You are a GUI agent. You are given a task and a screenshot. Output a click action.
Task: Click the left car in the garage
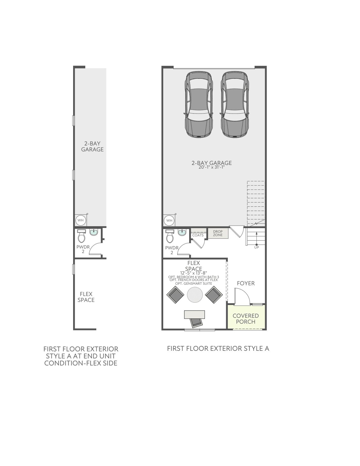click(x=198, y=104)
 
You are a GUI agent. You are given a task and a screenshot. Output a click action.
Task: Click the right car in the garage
click(x=235, y=104)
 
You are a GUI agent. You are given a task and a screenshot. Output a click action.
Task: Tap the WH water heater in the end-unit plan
click(x=81, y=220)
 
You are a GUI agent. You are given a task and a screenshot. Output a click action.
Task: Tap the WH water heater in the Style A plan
click(x=169, y=221)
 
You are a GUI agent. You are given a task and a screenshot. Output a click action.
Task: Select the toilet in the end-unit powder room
click(x=82, y=236)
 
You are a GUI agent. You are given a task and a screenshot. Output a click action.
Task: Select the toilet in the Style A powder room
click(x=170, y=236)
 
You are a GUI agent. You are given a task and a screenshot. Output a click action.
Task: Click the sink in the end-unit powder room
click(x=94, y=232)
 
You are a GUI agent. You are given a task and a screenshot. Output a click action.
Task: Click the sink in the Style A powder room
click(x=182, y=232)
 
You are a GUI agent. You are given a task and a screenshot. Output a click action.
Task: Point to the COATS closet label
click(x=198, y=235)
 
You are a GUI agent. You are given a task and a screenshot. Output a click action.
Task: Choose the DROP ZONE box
click(x=218, y=233)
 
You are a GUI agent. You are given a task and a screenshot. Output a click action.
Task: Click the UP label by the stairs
click(x=256, y=247)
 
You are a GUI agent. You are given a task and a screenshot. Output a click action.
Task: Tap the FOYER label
click(x=246, y=283)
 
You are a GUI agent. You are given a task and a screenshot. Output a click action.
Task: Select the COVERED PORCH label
click(x=245, y=319)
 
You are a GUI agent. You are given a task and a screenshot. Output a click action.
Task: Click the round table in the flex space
click(x=195, y=295)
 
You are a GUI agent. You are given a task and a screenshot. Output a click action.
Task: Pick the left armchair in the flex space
click(x=175, y=295)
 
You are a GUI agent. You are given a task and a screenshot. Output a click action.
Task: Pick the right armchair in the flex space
click(x=214, y=295)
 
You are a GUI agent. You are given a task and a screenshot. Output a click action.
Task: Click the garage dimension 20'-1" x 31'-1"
click(x=211, y=167)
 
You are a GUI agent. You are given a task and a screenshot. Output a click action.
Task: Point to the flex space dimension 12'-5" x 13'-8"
click(x=193, y=273)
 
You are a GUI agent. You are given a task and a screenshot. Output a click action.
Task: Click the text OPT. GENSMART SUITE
click(x=194, y=284)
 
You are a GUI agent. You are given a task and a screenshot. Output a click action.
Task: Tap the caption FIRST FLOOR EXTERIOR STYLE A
click(x=218, y=349)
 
